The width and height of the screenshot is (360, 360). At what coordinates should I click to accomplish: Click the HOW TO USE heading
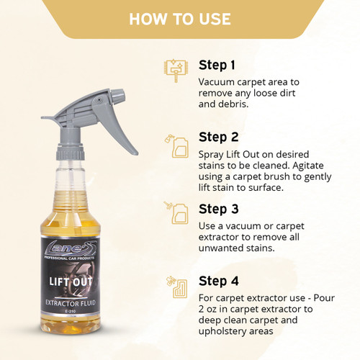coord(179,18)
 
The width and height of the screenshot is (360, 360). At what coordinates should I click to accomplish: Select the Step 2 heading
coord(219,137)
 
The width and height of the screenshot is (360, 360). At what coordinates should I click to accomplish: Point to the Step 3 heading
coord(219,210)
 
